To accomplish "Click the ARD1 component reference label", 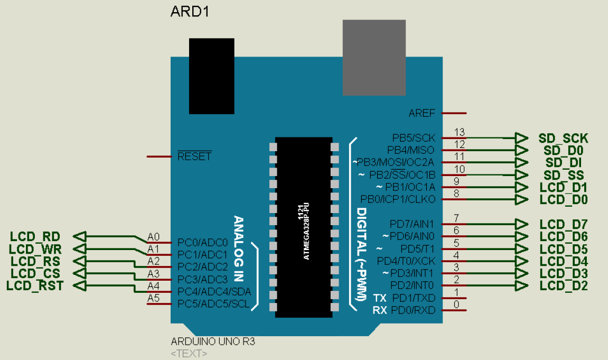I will click(190, 12).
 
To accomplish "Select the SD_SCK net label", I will click(563, 139).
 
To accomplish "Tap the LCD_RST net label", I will click(35, 286).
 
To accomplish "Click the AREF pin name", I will click(422, 113).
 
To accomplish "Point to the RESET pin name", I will click(194, 156).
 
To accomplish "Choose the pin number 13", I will click(460, 132).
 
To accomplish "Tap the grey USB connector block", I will click(374, 58).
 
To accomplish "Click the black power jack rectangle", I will click(211, 76).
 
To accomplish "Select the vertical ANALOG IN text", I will click(238, 248).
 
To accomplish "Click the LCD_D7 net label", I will click(564, 224).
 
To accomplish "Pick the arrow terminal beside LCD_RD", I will click(79, 236).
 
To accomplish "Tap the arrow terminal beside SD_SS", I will click(521, 175).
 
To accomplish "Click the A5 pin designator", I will click(153, 298).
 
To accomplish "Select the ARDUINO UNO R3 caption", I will click(213, 342).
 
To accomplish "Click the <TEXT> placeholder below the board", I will click(189, 353).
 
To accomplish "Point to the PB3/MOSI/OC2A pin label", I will click(397, 162).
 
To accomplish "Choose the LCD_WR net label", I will click(35, 248).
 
